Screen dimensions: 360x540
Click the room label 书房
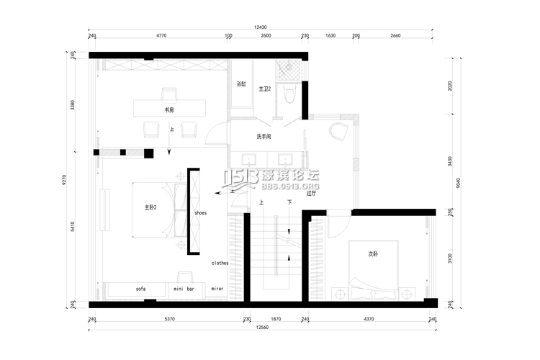[169, 110]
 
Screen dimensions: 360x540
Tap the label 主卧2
[150, 207]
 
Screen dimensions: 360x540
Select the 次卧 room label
[373, 253]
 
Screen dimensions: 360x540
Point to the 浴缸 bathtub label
[241, 84]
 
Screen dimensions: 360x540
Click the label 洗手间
[263, 136]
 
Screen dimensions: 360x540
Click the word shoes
[201, 213]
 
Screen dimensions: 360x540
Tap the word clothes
[220, 263]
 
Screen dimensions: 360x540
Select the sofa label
[140, 289]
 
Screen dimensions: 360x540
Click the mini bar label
[184, 289]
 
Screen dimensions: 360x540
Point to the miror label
[217, 289]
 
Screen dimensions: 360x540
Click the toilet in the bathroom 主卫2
[289, 94]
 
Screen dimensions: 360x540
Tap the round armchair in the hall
[338, 132]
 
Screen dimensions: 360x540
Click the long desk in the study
[169, 107]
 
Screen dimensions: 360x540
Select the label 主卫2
[264, 89]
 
